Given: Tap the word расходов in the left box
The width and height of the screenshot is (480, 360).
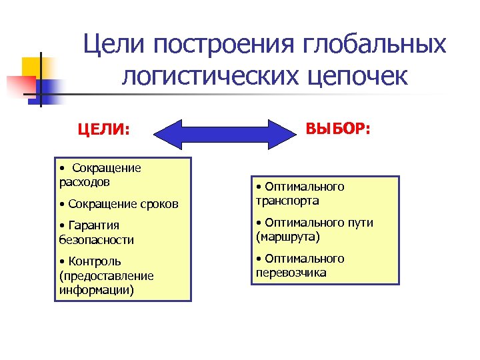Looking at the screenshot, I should pyautogui.click(x=84, y=181).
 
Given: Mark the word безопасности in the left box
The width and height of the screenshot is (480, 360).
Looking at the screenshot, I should pyautogui.click(x=96, y=239).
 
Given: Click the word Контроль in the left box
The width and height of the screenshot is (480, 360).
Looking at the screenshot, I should pyautogui.click(x=93, y=261).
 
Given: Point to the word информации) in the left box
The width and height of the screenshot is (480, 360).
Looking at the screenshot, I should pyautogui.click(x=96, y=289).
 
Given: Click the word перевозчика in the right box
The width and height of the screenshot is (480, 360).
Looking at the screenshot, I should pyautogui.click(x=291, y=273).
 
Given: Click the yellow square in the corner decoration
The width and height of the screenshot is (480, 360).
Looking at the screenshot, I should pyautogui.click(x=33, y=67).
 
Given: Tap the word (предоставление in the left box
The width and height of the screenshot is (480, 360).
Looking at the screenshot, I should pyautogui.click(x=106, y=275).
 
